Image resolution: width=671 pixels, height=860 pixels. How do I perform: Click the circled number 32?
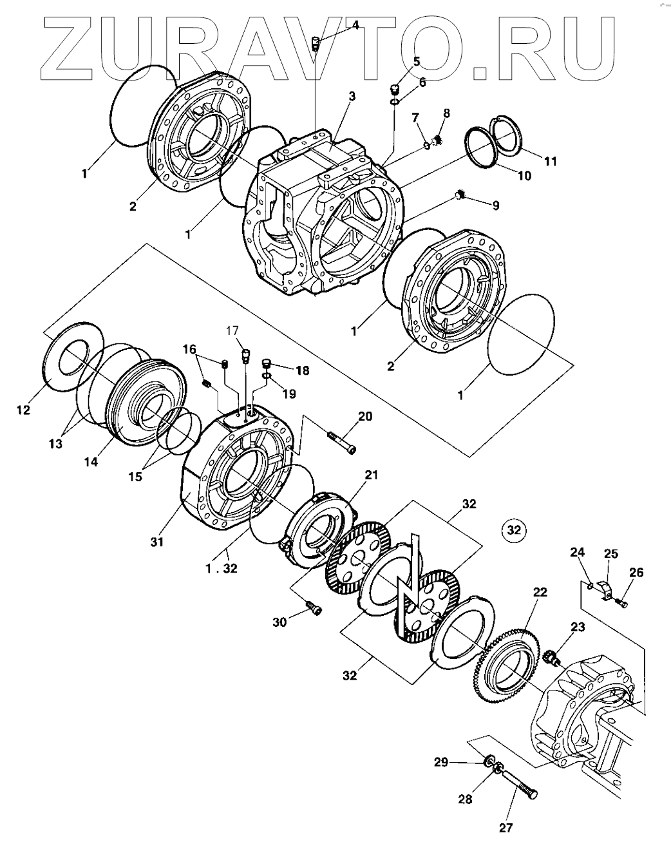(x=513, y=530)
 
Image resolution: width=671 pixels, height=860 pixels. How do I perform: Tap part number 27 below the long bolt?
(x=506, y=828)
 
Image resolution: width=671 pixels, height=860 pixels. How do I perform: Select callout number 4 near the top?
(x=355, y=25)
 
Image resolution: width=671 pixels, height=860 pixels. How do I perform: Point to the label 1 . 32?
(x=222, y=569)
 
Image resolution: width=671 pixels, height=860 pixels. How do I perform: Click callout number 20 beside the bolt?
(x=365, y=416)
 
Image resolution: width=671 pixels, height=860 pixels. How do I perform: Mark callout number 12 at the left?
(x=24, y=410)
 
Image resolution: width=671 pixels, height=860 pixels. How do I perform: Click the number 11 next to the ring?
(x=550, y=161)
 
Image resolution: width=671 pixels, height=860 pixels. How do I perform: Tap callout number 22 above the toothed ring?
(x=540, y=592)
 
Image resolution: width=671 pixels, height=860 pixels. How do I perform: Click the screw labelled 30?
(x=314, y=607)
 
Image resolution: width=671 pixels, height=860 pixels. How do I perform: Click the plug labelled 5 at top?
(x=395, y=88)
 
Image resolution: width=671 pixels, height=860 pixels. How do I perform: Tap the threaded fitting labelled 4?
(x=316, y=44)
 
